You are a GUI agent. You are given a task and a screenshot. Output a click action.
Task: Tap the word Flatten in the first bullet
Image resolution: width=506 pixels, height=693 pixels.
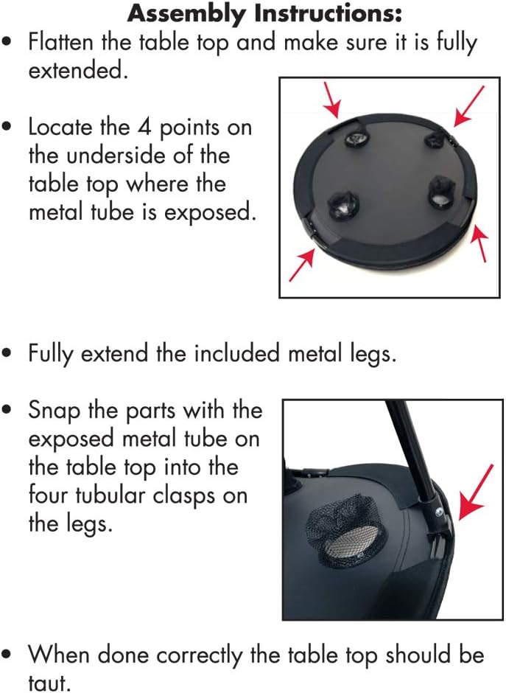pyautogui.click(x=61, y=43)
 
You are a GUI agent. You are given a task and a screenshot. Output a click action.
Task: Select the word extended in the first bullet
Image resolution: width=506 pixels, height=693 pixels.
pyautogui.click(x=78, y=71)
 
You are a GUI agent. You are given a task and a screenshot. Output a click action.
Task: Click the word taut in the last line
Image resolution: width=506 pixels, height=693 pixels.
pyautogui.click(x=49, y=683)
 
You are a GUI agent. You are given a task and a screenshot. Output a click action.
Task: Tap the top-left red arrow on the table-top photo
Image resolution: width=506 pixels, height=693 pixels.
pyautogui.click(x=332, y=100)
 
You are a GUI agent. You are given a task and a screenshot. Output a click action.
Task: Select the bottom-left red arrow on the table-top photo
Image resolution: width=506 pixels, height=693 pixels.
pyautogui.click(x=302, y=265)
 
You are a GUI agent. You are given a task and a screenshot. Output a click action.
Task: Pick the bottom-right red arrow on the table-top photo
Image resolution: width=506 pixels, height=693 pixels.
pyautogui.click(x=480, y=243)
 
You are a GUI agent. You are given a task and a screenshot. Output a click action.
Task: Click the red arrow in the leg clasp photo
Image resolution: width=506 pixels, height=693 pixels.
pyautogui.click(x=476, y=492)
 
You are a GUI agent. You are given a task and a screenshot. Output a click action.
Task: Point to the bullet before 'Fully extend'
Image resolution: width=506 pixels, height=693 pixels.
pyautogui.click(x=7, y=354)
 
